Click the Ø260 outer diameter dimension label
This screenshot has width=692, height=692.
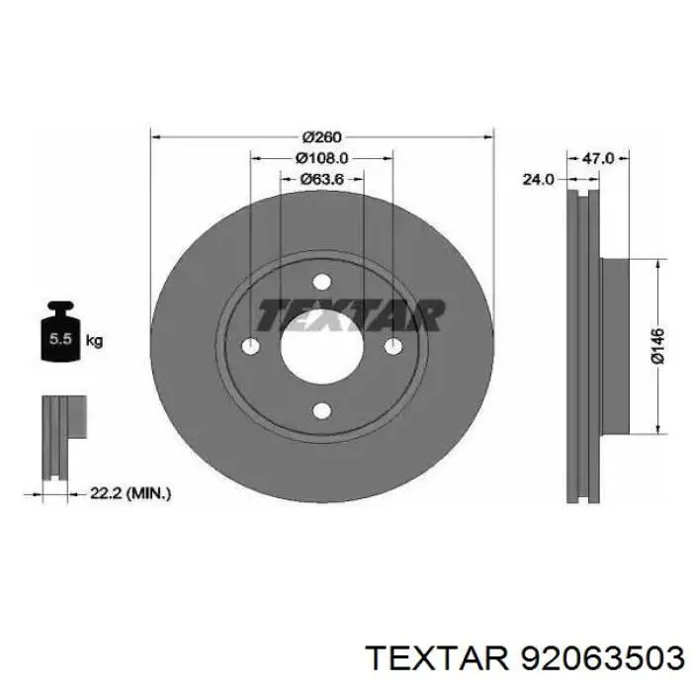pyautogui.click(x=322, y=137)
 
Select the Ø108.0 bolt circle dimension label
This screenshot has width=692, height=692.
pyautogui.click(x=321, y=158)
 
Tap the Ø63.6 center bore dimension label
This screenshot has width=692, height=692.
pyautogui.click(x=322, y=179)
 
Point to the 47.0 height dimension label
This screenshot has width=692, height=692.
pyautogui.click(x=597, y=158)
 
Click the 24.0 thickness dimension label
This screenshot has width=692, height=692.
pyautogui.click(x=538, y=179)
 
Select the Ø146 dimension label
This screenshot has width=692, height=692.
pyautogui.click(x=657, y=346)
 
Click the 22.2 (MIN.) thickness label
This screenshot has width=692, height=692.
pyautogui.click(x=130, y=493)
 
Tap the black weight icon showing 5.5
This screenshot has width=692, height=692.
pyautogui.click(x=60, y=331)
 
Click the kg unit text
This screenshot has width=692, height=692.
pyautogui.click(x=94, y=341)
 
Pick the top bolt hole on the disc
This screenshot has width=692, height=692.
pyautogui.click(x=321, y=282)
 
